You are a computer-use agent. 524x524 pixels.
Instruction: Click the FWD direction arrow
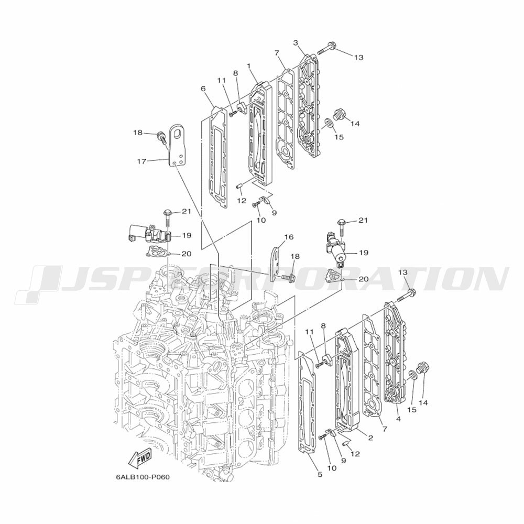point(140,458)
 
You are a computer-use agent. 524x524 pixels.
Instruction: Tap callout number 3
point(296,43)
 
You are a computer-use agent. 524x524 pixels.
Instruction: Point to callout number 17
point(141,161)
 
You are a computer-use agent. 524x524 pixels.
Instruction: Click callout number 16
point(289,237)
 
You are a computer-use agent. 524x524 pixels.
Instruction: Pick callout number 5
point(320,474)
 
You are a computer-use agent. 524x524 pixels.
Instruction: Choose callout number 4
point(398,418)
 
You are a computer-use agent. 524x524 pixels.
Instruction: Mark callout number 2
point(370,438)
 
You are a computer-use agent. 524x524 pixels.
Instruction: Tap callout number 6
point(203,89)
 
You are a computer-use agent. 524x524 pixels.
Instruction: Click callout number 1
point(248,66)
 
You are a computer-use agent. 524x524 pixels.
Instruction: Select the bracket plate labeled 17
point(177,145)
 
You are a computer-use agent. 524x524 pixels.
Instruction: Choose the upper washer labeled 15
point(328,123)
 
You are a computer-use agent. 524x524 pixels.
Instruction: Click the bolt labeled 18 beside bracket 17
point(162,138)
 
